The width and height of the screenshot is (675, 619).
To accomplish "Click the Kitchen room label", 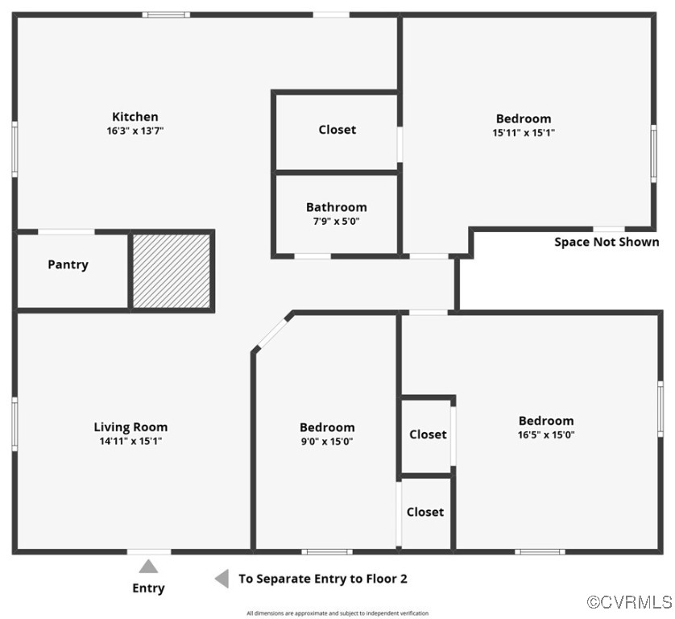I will pos(135,117).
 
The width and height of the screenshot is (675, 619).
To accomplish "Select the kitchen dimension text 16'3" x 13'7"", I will pos(135,131).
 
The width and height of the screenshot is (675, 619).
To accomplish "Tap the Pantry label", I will pos(68,264).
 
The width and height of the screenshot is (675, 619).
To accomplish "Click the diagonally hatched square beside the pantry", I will pos(172,271).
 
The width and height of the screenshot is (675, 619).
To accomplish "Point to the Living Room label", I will pos(130,427).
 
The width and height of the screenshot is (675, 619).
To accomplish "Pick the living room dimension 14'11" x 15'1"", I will pos(130,441).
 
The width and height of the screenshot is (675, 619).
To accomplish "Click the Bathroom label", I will pos(336,207).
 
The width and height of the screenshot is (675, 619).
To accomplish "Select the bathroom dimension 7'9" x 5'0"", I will pos(336,221).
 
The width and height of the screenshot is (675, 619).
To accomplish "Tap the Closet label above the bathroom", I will pos(337,130).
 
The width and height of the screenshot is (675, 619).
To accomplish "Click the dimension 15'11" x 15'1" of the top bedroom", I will pos(524,132).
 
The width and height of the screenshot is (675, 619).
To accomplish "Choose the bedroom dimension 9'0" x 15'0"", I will pos(326,441).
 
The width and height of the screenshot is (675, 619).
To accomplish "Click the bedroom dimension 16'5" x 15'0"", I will pos(546,434).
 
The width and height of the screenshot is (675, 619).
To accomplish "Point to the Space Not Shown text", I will pos(607,242).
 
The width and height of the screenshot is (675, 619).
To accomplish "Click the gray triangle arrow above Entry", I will pos(148,566).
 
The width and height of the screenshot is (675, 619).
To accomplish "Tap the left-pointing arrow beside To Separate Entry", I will pos(221,579).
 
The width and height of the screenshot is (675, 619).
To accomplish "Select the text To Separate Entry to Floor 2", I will pos(322,579).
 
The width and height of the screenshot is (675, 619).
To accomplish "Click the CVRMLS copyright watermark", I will pos(629,602).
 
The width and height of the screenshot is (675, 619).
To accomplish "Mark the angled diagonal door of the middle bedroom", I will pos(272,331).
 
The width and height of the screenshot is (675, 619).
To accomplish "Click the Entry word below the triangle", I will pos(148,588).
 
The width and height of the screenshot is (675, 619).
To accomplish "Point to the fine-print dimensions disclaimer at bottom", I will pos(337,613).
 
